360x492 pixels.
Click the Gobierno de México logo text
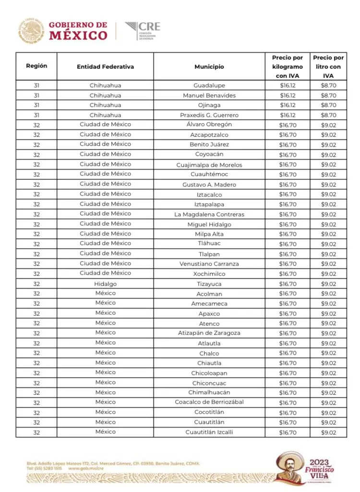coord(78,31)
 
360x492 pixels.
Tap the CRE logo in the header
coord(143,31)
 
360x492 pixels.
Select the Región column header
coord(36,66)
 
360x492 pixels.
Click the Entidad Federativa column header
coord(105,67)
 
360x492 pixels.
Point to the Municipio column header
coord(209,67)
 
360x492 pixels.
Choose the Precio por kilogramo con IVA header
coord(287,67)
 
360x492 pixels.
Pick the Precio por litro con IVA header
coord(328,67)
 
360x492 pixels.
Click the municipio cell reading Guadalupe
coord(209,85)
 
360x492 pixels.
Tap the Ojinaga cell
coord(209,105)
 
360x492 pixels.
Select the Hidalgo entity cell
coord(105,283)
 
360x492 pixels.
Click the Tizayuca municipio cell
coord(209,284)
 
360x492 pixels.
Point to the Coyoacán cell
coord(209,154)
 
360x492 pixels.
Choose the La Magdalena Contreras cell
coord(209,214)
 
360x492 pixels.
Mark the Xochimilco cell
coord(209,274)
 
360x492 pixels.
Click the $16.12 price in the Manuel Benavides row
coord(287,95)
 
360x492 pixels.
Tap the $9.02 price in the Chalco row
coord(328,353)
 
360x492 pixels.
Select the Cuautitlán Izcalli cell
coord(209,433)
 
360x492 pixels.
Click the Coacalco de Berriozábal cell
coord(209,402)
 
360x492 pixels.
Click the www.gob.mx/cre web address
coord(86,469)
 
